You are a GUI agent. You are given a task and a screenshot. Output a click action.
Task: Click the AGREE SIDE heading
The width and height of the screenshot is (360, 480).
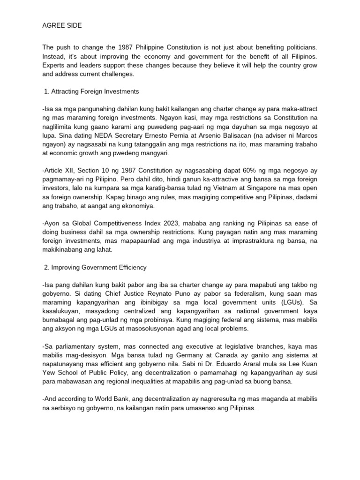pos(62,26)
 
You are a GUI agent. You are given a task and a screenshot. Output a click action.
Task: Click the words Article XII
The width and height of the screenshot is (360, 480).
pos(59,170)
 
